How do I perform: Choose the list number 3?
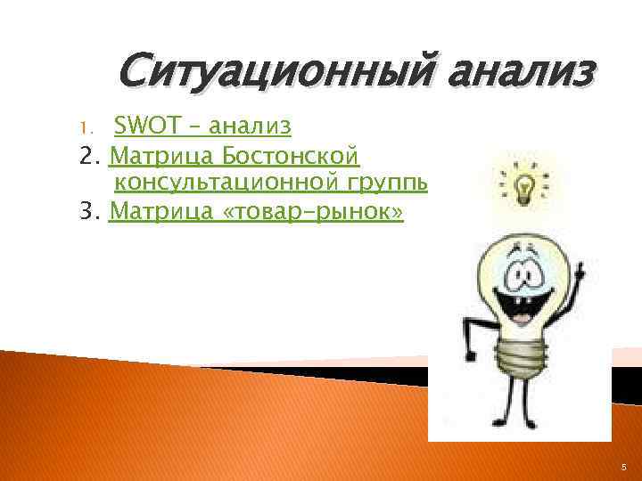point(86,212)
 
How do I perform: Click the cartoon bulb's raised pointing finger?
point(581,265)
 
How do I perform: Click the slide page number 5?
point(623,465)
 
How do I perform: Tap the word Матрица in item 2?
point(160,158)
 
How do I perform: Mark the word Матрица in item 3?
point(160,211)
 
